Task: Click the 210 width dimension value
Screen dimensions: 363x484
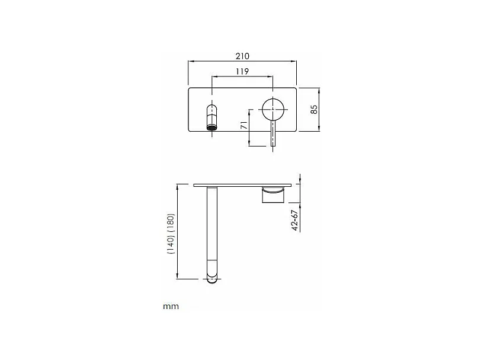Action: (x=242, y=56)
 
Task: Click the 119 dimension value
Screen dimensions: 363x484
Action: (x=242, y=71)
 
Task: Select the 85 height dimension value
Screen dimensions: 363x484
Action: (x=315, y=110)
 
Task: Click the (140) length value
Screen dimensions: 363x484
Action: (x=171, y=243)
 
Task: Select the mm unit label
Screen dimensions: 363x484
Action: (x=171, y=307)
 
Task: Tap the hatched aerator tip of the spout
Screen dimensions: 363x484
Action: (x=211, y=125)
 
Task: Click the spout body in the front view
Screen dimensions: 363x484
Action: (x=211, y=112)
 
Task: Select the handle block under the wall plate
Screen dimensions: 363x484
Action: (x=274, y=195)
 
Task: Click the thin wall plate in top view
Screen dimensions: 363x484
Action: (x=243, y=186)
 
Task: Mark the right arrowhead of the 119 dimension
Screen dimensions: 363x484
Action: (x=271, y=76)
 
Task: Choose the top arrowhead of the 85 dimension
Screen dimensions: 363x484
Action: (x=320, y=91)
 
